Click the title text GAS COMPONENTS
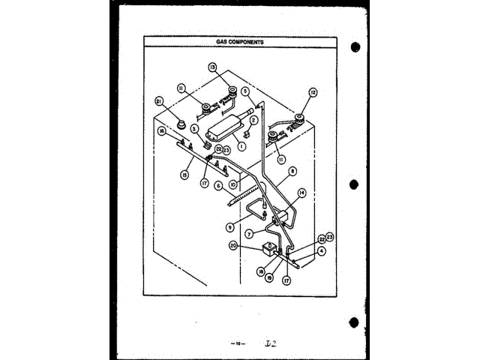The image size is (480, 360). [241, 43]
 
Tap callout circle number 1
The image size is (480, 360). [241, 145]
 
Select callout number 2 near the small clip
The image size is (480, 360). [254, 120]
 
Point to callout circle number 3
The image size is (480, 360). [193, 129]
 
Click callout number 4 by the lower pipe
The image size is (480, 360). [321, 252]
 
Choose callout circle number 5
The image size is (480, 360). [245, 92]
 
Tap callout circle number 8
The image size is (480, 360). [291, 171]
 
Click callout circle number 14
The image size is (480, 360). [301, 193]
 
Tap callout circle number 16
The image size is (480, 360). [161, 131]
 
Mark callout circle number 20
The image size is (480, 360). [234, 245]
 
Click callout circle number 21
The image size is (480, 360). [158, 102]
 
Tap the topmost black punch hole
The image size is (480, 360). [355, 47]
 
